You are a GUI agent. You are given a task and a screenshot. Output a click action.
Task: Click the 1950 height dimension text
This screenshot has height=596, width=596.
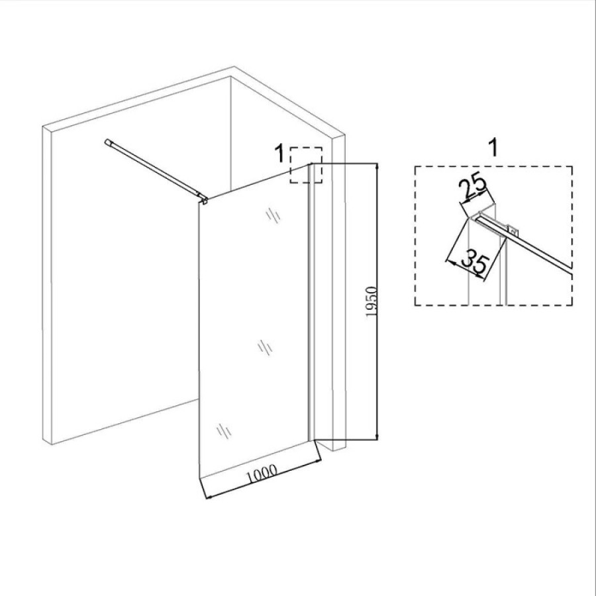pos(372,302)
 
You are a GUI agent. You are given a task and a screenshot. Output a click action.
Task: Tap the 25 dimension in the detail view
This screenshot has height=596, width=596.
pos(472,187)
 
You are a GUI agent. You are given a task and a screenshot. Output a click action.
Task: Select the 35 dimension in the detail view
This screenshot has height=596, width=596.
pos(474,262)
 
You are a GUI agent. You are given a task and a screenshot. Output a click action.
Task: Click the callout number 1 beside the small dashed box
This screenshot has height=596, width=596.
pos(279,154)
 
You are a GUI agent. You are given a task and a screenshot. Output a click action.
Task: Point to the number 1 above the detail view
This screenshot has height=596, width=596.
pos(493,147)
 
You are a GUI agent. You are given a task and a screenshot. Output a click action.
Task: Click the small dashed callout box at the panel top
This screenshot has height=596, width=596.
pos(306,165)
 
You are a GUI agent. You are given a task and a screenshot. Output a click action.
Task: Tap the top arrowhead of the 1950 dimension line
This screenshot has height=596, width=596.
pos(376,166)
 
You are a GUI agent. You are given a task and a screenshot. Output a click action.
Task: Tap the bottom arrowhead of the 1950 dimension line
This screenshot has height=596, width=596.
pos(376,437)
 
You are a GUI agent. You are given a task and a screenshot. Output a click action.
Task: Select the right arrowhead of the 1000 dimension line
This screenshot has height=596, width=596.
pos(317,462)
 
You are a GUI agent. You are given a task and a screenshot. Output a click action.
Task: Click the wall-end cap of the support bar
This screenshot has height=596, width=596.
pos(107,142)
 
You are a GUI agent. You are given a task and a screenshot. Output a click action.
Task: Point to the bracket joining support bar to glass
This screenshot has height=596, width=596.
pos(204,199)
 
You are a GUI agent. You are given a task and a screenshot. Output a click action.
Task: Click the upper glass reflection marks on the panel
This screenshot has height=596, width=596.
pos(273,215)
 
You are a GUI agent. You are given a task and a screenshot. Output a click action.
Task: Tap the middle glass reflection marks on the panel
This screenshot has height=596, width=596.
pos(265,348)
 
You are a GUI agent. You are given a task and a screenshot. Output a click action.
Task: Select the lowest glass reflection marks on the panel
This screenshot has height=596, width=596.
pos(224,431)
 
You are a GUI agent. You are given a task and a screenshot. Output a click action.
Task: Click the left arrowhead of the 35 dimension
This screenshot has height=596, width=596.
pos(448,261)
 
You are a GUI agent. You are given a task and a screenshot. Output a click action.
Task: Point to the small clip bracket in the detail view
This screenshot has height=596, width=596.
pos(512,229)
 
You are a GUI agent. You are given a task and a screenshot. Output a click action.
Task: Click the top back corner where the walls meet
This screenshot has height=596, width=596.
pos(230,77)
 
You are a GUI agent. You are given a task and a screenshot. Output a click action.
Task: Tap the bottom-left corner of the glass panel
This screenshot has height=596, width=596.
pos(199,476)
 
